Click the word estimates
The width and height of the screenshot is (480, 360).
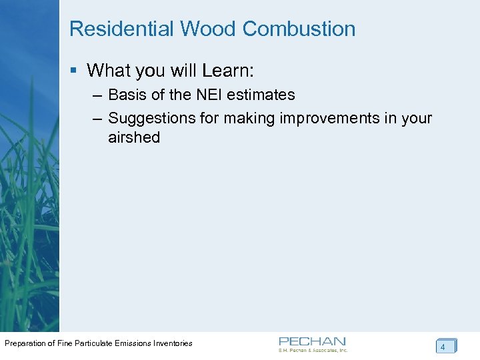(x=261, y=95)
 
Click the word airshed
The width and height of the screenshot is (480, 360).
(x=134, y=138)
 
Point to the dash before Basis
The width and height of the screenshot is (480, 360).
(x=97, y=95)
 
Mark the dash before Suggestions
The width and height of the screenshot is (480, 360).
(x=97, y=119)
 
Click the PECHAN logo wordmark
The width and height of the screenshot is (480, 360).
(x=312, y=341)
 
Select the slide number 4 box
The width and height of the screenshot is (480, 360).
(x=445, y=347)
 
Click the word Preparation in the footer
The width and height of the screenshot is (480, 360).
(x=27, y=343)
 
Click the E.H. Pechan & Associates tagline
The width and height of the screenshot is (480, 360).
(x=313, y=350)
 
